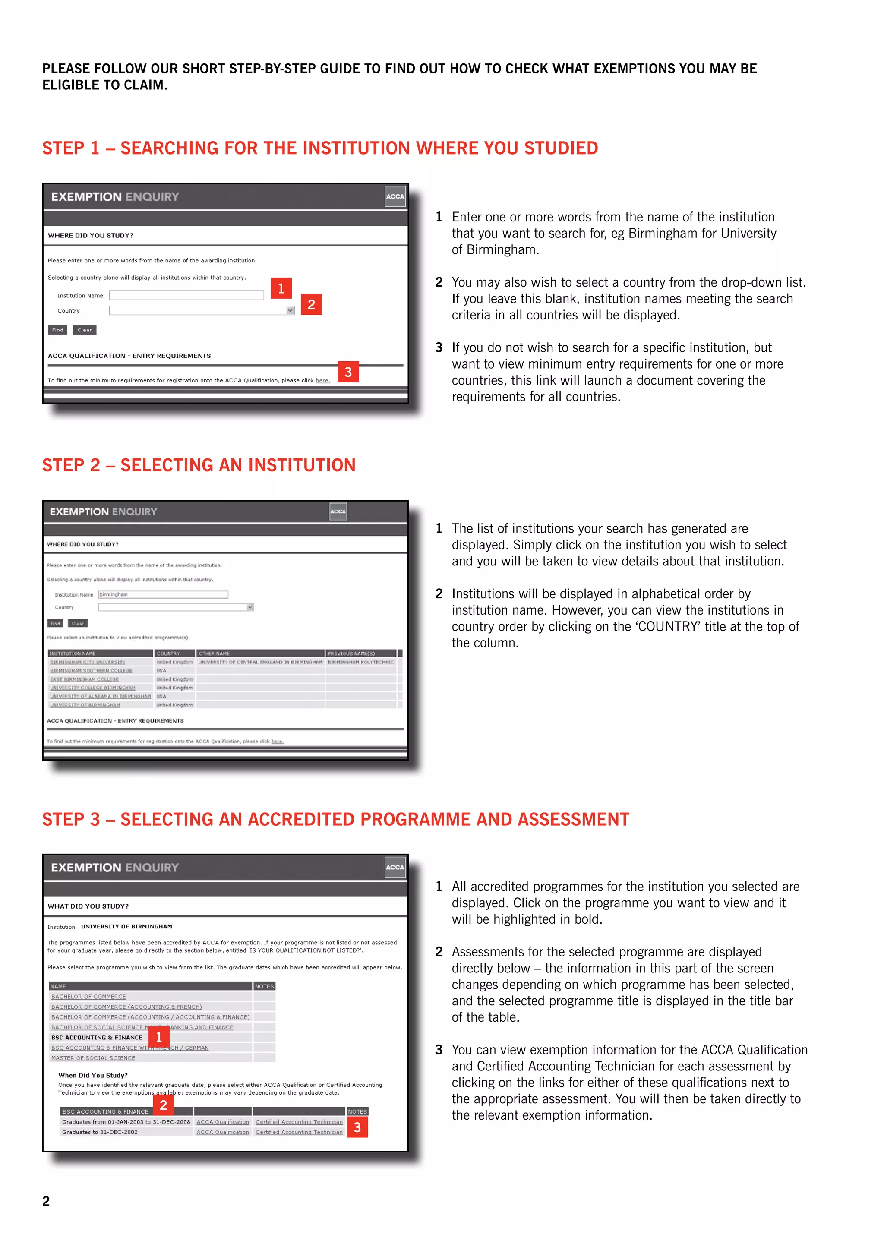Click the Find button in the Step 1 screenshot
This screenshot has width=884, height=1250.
[x=58, y=330]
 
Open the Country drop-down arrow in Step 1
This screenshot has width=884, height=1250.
[x=290, y=310]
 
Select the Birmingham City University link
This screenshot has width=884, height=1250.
[x=88, y=662]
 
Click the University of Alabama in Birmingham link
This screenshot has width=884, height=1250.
[x=100, y=696]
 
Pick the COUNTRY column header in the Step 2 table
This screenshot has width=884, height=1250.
[x=168, y=653]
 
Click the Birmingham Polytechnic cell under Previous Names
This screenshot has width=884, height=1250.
[x=360, y=662]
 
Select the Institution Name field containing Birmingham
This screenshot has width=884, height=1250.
[x=163, y=594]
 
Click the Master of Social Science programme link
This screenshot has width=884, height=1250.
[x=93, y=1058]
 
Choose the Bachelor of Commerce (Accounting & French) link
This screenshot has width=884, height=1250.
[x=126, y=1007]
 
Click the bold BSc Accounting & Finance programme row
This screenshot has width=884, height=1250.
[x=97, y=1038]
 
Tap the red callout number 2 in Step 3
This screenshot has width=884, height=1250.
[x=163, y=1105]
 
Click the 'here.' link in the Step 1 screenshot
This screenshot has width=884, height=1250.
[x=322, y=381]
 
